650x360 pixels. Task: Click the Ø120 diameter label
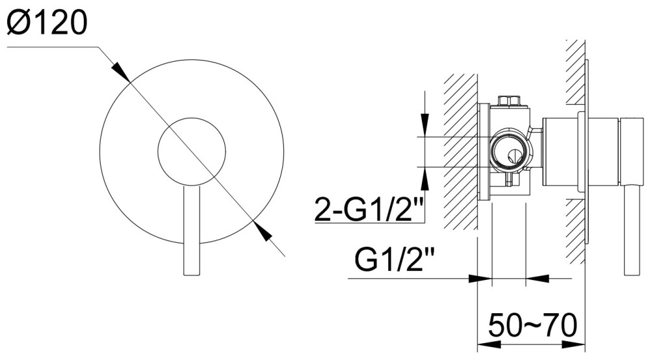[47, 22]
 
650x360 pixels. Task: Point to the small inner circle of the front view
[192, 151]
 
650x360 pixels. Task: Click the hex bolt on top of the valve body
[509, 101]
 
